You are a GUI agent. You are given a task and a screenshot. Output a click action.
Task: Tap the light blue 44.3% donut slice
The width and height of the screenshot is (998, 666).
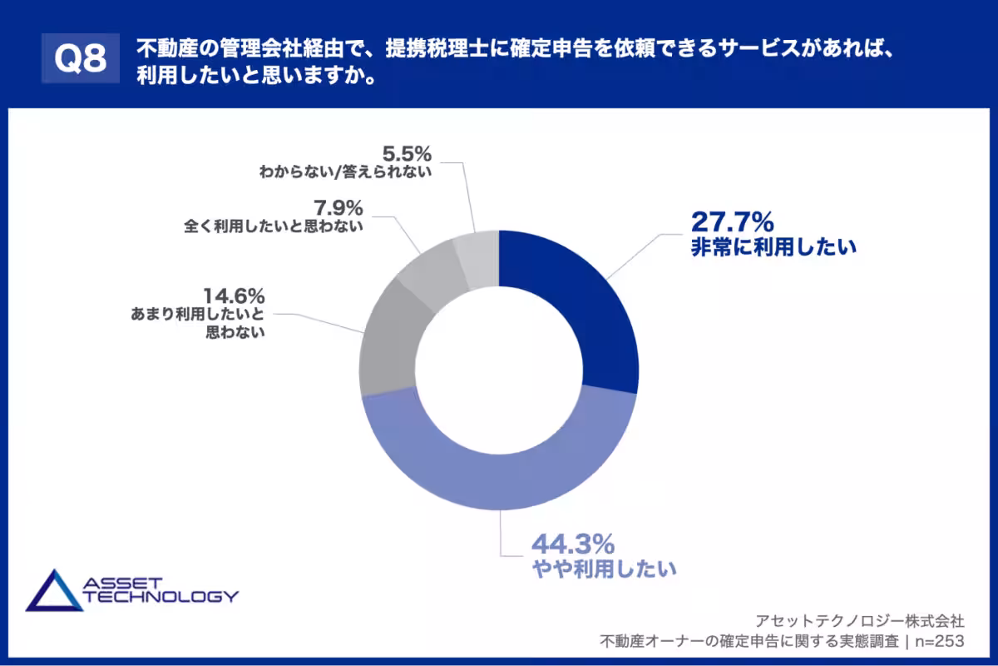tap(499, 475)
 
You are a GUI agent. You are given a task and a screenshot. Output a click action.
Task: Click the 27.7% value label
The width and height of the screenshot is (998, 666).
tap(732, 222)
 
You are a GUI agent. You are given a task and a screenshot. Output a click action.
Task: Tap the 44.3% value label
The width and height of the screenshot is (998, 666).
tap(573, 544)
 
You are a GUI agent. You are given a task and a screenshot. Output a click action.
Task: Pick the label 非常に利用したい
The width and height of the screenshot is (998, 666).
tap(773, 247)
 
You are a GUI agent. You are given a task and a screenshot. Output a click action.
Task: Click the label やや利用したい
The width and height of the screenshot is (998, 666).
tap(604, 570)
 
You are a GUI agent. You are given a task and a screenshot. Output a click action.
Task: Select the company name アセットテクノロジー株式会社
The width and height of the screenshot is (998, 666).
tap(860, 620)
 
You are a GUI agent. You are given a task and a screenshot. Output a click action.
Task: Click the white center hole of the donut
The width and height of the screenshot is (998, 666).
tap(499, 371)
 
